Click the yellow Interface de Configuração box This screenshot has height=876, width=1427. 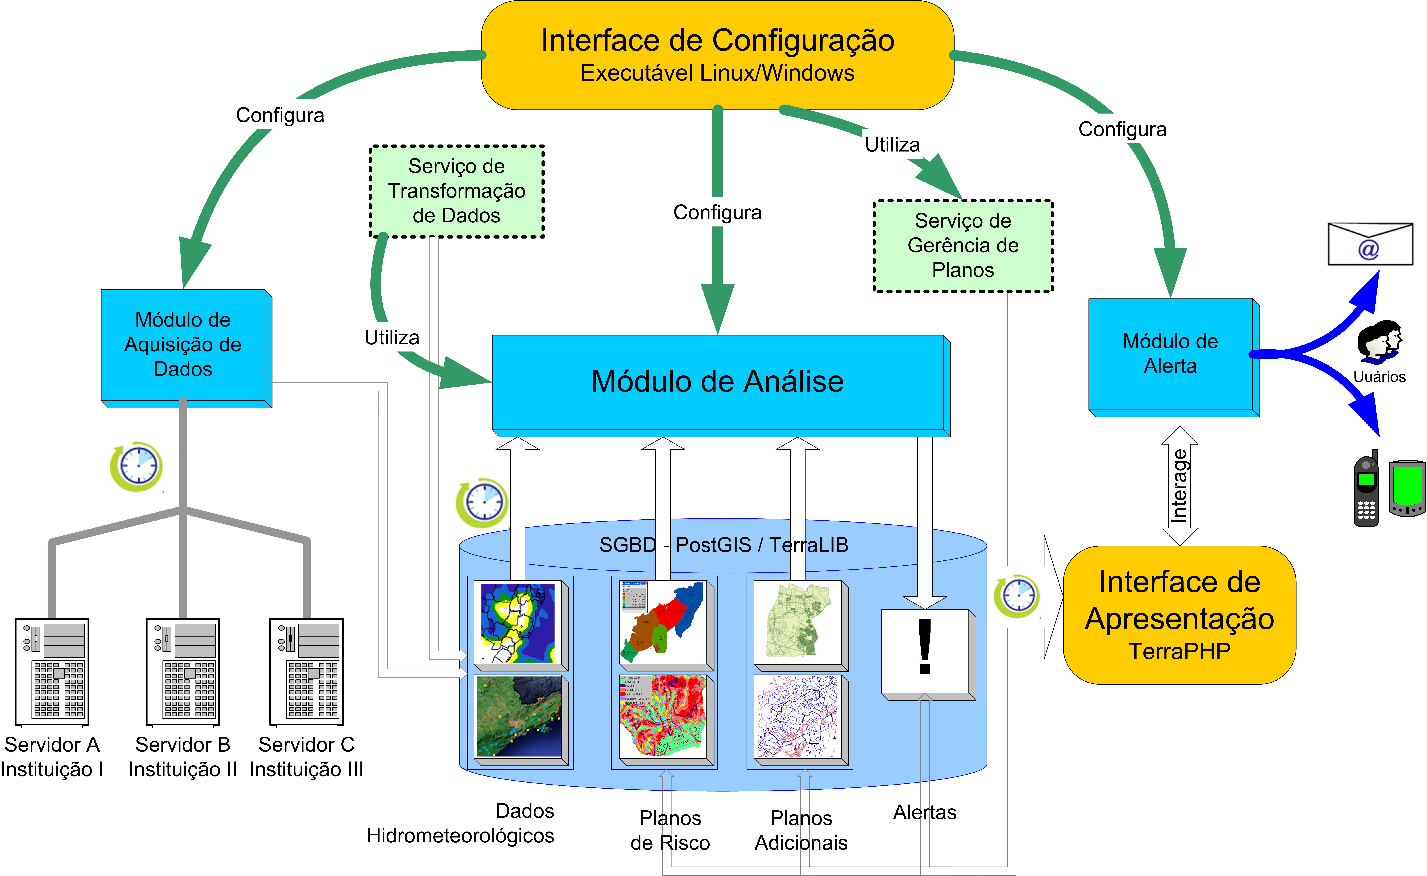pos(717,55)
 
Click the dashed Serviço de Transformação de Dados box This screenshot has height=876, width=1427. pos(457,191)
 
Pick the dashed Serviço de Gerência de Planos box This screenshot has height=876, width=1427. pos(963,246)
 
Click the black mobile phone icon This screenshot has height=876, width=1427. pos(1366,490)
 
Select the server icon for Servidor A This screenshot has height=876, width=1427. pos(52,672)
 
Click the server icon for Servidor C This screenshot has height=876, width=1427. pos(306,672)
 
